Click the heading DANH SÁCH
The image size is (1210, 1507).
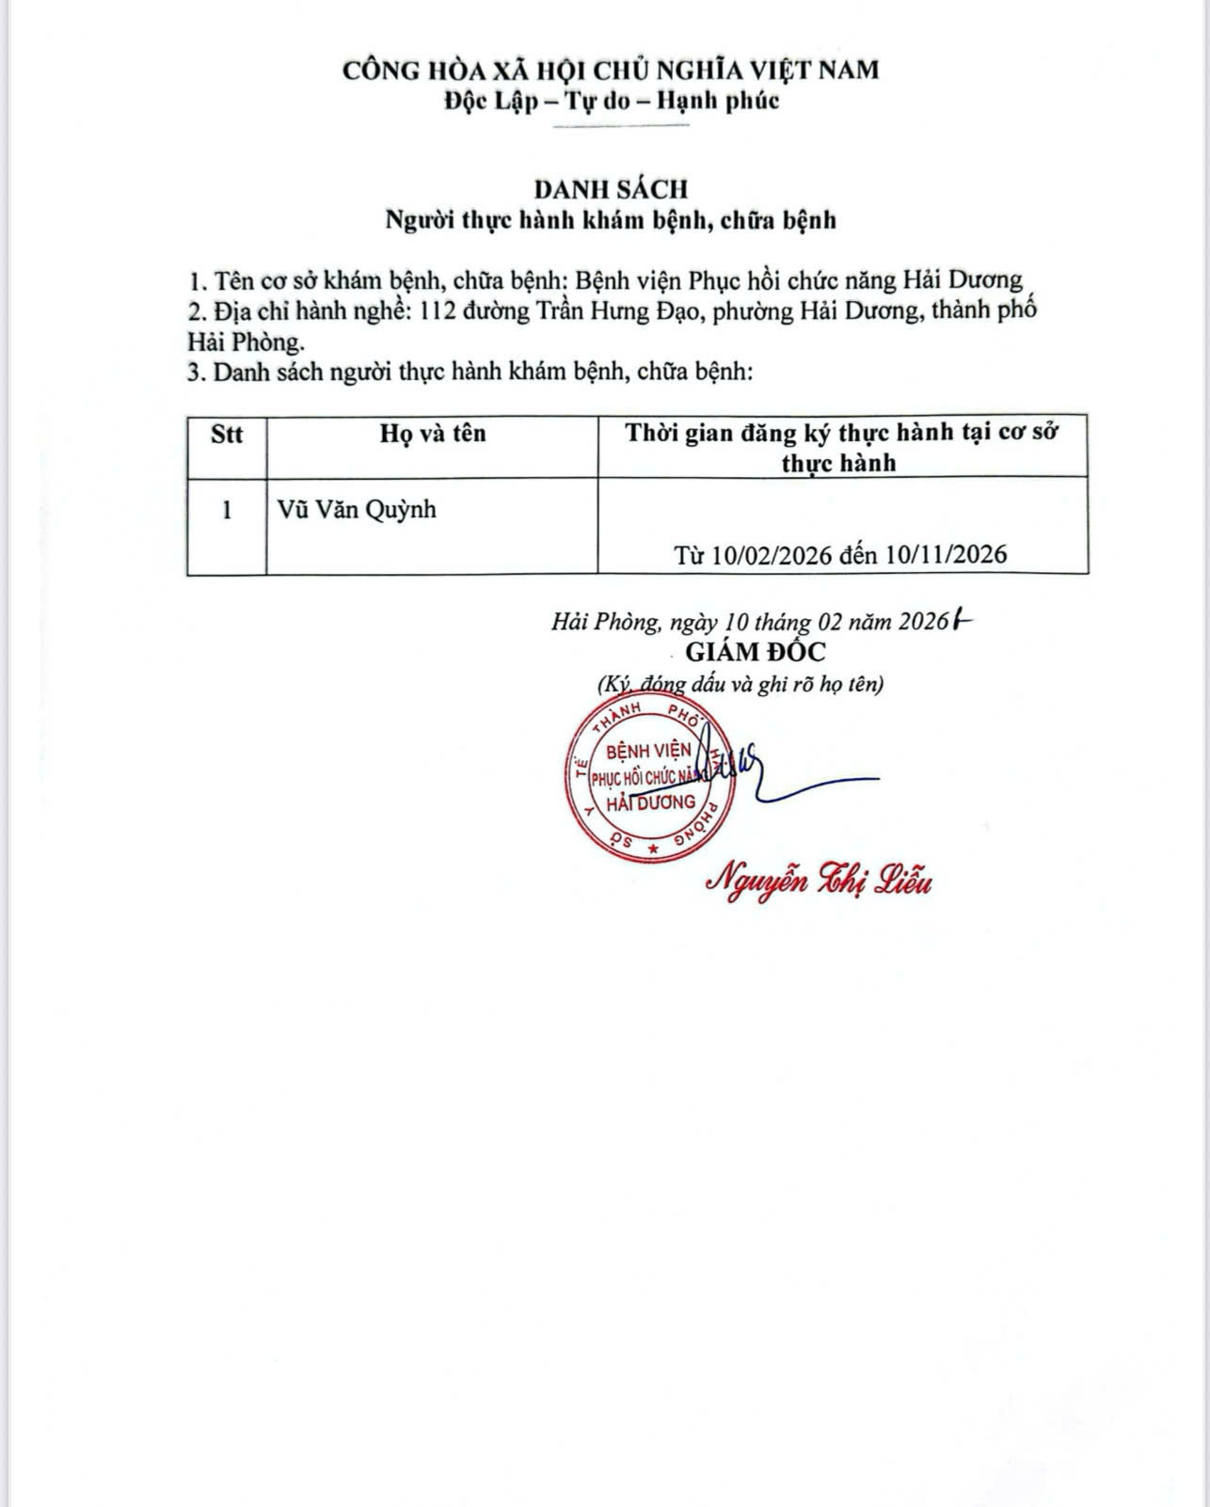pyautogui.click(x=612, y=189)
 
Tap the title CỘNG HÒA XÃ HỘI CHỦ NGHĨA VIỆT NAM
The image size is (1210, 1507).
pyautogui.click(x=611, y=70)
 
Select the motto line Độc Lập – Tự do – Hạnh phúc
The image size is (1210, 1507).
pyautogui.click(x=612, y=101)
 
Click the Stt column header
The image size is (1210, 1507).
pyautogui.click(x=227, y=434)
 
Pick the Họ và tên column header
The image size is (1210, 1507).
pyautogui.click(x=433, y=434)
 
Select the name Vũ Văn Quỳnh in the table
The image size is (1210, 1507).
pyautogui.click(x=357, y=511)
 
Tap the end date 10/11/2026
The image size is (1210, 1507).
pyautogui.click(x=947, y=554)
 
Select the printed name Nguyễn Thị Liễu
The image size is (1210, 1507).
pyautogui.click(x=820, y=881)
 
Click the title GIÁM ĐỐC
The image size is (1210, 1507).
pyautogui.click(x=755, y=652)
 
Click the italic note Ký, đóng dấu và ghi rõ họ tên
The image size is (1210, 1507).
pyautogui.click(x=740, y=684)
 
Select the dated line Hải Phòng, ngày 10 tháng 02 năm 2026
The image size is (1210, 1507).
pyautogui.click(x=748, y=622)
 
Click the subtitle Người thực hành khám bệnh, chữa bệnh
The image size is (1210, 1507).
pyautogui.click(x=611, y=220)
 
